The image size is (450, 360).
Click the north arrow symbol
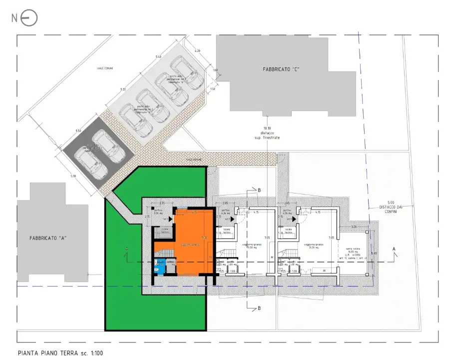pyautogui.click(x=29, y=18)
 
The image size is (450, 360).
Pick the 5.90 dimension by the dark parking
pyautogui.click(x=73, y=176)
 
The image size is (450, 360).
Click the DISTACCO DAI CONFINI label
pyautogui.click(x=391, y=207)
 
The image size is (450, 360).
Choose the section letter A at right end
pyautogui.click(x=395, y=248)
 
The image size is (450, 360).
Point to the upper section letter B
pyautogui.click(x=260, y=190)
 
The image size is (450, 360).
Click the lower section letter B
pyautogui.click(x=259, y=309)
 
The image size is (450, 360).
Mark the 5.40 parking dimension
pyautogui.click(x=158, y=57)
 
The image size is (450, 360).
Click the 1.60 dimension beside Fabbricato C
pyautogui.click(x=215, y=70)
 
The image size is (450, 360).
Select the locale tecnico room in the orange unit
pyautogui.click(x=164, y=231)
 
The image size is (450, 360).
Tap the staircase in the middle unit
pyautogui.click(x=226, y=255)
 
